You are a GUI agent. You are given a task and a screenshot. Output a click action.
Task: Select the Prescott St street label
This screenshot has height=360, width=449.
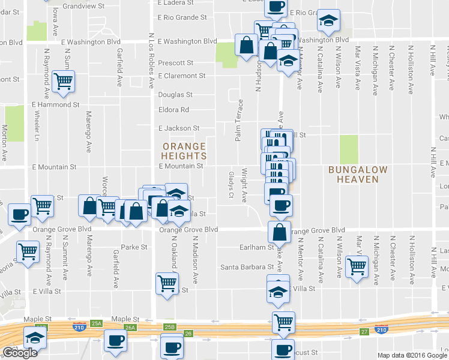(x=175, y=62)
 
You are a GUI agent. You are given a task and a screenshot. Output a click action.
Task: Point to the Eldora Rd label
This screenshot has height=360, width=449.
(x=173, y=110)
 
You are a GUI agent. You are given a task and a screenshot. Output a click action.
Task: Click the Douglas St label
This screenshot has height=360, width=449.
(x=175, y=95)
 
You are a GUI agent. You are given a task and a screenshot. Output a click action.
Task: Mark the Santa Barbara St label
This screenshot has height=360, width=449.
(x=243, y=267)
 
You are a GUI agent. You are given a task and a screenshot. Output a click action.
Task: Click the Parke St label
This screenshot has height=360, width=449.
(x=134, y=247)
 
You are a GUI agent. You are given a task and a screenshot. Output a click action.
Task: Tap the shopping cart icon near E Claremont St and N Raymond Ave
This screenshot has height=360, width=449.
(x=64, y=82)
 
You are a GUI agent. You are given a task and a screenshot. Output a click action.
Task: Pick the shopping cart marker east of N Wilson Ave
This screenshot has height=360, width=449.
(x=357, y=265)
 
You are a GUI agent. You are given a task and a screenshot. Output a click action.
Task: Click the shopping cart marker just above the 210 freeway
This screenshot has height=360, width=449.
(x=283, y=322)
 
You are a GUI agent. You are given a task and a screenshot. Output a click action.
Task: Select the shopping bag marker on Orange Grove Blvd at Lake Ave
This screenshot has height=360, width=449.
(x=280, y=232)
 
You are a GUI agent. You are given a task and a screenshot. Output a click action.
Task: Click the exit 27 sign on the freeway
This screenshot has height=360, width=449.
(x=364, y=332)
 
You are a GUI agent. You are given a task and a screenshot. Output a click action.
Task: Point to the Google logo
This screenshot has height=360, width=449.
(x=20, y=353)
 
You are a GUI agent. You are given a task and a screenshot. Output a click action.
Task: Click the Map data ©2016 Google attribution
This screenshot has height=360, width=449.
(x=412, y=355)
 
